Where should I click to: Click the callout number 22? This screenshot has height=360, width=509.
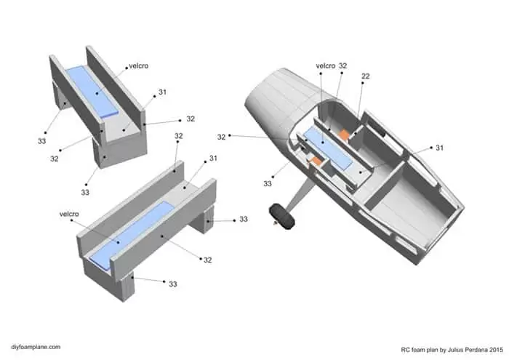(x=366, y=76)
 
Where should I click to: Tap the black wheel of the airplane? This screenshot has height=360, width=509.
(x=282, y=216)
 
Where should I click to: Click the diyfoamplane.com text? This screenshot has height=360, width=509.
(x=36, y=347)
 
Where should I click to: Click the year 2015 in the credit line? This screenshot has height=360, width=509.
(x=497, y=350)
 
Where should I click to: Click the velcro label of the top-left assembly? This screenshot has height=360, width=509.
(x=139, y=66)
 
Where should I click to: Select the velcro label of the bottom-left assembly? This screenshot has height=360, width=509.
(x=69, y=214)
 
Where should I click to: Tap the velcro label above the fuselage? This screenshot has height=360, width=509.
(x=325, y=66)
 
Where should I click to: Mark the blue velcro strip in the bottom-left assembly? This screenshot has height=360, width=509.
(x=131, y=234)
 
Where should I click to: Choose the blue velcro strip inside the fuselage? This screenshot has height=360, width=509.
(x=327, y=148)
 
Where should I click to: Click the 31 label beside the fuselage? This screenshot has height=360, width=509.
(x=439, y=148)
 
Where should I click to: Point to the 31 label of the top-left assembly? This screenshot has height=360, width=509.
(x=162, y=92)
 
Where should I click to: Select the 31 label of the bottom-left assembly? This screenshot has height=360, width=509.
(x=213, y=158)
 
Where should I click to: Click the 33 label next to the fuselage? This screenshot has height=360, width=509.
(x=267, y=184)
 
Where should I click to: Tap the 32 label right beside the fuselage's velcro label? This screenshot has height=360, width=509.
(x=342, y=65)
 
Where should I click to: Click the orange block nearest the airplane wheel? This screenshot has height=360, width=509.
(x=315, y=160)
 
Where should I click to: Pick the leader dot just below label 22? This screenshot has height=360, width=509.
(x=363, y=83)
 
